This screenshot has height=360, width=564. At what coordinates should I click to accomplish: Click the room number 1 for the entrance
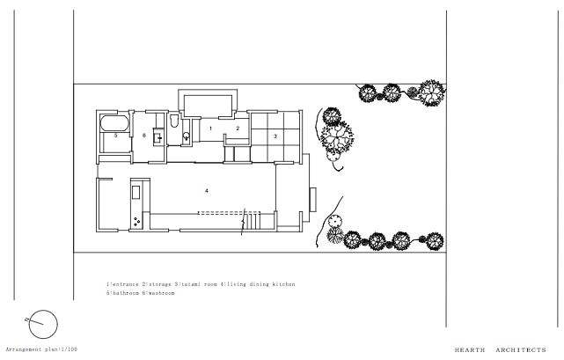pyautogui.click(x=210, y=129)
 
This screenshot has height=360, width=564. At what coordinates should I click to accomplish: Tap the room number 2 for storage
pyautogui.click(x=237, y=129)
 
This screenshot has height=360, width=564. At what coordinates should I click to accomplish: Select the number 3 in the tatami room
pyautogui.click(x=275, y=136)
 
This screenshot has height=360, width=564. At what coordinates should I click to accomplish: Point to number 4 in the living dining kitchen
pyautogui.click(x=206, y=190)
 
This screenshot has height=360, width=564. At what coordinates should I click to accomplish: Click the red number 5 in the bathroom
pyautogui.click(x=115, y=136)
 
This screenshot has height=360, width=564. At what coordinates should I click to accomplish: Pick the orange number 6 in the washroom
pyautogui.click(x=143, y=136)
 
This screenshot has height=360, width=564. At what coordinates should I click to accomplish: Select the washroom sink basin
pyautogui.click(x=158, y=136)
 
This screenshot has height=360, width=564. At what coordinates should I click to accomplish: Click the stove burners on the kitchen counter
pyautogui.click(x=136, y=221)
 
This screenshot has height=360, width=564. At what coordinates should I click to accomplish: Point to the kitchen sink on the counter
pyautogui.click(x=136, y=192)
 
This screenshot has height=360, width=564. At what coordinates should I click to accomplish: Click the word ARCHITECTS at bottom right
pyautogui.click(x=520, y=349)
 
